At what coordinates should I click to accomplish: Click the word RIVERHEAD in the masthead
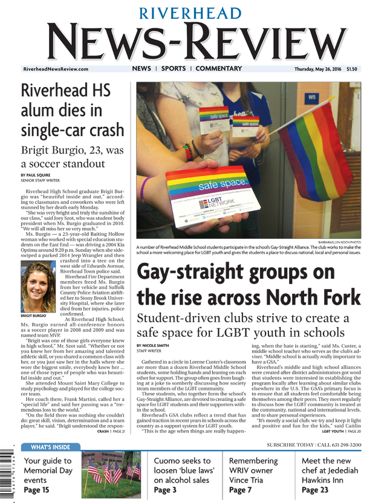(193, 13)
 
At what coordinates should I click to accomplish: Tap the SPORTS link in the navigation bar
(174, 69)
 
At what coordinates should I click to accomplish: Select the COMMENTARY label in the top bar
(218, 69)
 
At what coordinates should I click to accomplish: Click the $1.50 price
(353, 70)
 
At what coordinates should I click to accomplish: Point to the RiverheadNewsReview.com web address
(55, 70)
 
